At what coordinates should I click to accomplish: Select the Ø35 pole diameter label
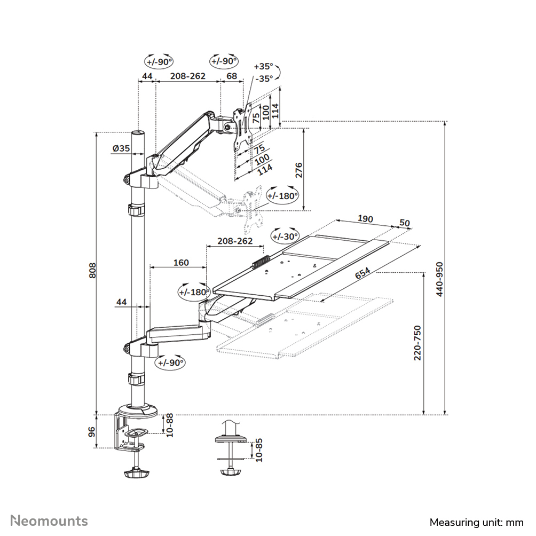click(121, 149)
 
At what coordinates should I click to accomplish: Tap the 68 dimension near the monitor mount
click(232, 76)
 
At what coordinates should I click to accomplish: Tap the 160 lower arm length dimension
click(180, 262)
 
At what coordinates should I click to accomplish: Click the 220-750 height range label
click(418, 343)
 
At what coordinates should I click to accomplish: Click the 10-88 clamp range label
click(169, 425)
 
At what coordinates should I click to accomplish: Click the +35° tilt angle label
click(263, 67)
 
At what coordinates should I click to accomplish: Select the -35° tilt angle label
click(263, 78)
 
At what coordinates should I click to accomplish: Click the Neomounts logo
click(49, 521)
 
